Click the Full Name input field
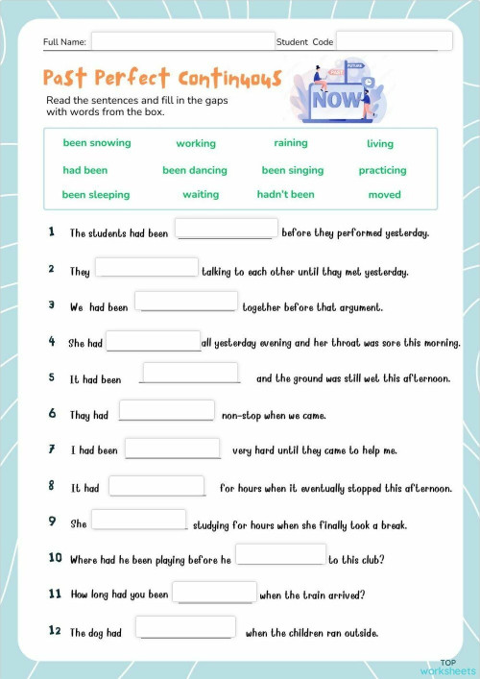182,41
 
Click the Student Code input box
394,41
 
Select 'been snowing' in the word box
97,143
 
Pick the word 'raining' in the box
291,143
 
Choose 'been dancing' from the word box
195,170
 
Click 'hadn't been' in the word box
285,194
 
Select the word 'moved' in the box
384,194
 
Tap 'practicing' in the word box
382,170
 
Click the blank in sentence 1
227,230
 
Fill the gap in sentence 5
190,374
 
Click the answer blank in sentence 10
280,555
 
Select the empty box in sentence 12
185,628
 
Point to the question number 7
51,449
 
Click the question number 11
54,594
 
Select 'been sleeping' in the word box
96,194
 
